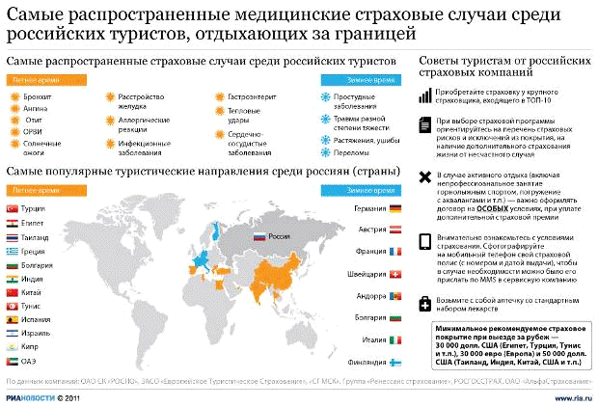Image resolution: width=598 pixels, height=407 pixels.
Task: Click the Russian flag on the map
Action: pos(258,236)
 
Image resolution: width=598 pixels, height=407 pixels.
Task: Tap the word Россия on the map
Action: pos(279,236)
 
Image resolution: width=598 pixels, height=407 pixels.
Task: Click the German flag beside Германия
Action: pos(395,208)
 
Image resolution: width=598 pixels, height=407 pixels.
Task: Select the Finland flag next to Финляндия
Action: pos(395,363)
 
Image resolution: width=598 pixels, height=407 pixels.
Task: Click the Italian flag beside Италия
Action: pos(395,340)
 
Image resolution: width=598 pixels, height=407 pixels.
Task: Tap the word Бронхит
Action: pos(39,97)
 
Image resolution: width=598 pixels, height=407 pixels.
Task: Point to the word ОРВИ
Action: pos(34,130)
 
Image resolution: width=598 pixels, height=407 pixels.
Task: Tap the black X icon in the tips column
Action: pos(425,176)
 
